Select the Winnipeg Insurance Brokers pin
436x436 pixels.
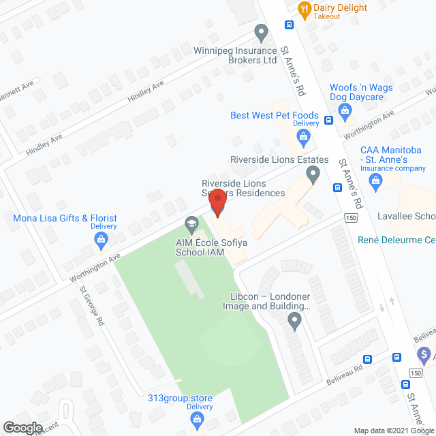(x=260, y=31)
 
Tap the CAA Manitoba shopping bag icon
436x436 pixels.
(x=375, y=181)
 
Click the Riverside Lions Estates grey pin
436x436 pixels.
(x=313, y=176)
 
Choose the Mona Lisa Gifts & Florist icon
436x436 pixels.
(x=101, y=238)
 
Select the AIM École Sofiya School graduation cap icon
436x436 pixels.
(x=191, y=223)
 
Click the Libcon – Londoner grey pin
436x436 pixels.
(x=294, y=320)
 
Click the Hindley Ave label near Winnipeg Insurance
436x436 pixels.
(x=146, y=92)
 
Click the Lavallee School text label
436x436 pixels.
(x=407, y=216)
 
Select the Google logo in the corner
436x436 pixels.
(x=22, y=427)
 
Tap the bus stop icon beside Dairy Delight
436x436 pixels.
(x=289, y=25)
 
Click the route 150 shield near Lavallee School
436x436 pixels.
(x=350, y=218)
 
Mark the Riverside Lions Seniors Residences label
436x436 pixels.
(x=243, y=188)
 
